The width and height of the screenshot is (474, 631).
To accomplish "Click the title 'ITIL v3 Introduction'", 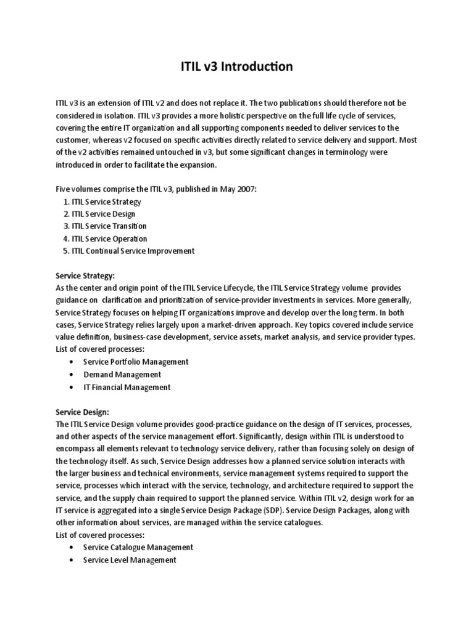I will (x=237, y=67).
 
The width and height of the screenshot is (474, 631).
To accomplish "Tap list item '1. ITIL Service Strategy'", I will (x=102, y=202).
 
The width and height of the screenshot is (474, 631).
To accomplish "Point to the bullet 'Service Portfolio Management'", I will (x=136, y=362).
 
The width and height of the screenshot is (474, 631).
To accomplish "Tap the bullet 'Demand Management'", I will (x=122, y=375).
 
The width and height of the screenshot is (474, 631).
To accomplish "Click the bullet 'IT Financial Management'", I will (x=127, y=387).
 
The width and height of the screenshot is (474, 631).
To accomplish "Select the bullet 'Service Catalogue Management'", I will (x=138, y=547).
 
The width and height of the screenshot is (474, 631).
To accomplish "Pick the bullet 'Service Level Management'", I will (x=130, y=560).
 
